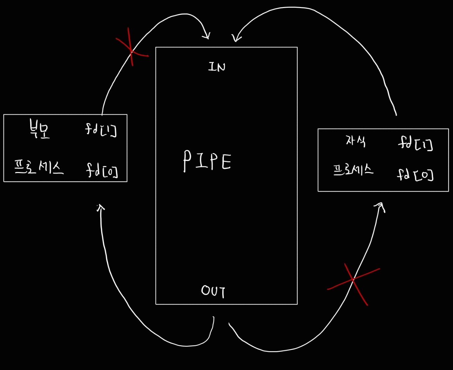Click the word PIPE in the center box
[x=207, y=161]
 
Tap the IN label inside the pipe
[x=217, y=67]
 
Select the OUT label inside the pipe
[x=213, y=291]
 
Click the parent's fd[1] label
[x=101, y=130]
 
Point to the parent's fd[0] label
[x=102, y=170]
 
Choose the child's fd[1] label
[x=416, y=144]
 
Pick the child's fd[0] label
[x=415, y=174]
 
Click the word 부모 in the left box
[x=39, y=130]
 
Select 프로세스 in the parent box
[x=39, y=167]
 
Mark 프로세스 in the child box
[x=353, y=170]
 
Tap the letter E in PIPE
[x=226, y=162]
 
